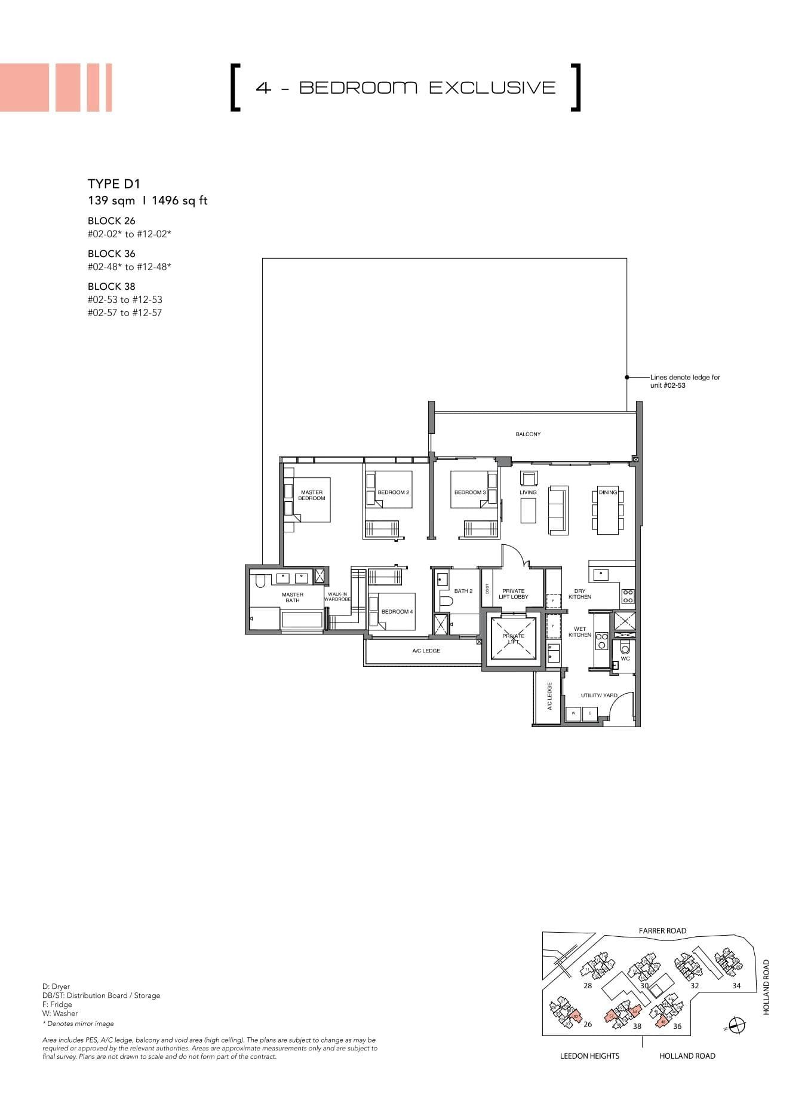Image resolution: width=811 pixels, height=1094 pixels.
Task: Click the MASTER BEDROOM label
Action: (312, 495)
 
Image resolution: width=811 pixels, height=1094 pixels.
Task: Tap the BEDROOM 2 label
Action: (393, 492)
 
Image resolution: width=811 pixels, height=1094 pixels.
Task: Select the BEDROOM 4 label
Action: (397, 611)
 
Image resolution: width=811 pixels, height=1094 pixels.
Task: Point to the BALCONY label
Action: (528, 434)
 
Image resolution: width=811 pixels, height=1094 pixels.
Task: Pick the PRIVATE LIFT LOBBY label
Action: (513, 593)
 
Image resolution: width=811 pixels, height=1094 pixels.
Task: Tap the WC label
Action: (625, 658)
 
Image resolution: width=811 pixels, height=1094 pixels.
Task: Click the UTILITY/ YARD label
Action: (599, 695)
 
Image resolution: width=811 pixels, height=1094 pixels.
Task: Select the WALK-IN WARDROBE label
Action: (337, 596)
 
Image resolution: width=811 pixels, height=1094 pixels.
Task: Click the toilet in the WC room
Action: (625, 648)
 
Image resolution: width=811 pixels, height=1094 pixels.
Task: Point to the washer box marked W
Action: (573, 713)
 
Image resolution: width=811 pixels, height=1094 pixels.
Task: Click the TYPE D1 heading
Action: (113, 184)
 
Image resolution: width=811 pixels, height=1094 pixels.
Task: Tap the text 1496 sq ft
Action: (180, 201)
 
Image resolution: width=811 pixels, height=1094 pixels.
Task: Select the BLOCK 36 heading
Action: (112, 253)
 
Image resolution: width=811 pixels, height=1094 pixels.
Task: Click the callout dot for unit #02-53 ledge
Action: (626, 378)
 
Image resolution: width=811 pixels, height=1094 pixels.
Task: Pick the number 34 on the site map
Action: (736, 986)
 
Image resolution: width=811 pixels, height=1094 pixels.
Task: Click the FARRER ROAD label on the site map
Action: (662, 930)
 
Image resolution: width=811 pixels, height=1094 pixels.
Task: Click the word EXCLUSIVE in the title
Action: (492, 87)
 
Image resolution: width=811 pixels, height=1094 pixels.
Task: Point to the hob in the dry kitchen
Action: (628, 596)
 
